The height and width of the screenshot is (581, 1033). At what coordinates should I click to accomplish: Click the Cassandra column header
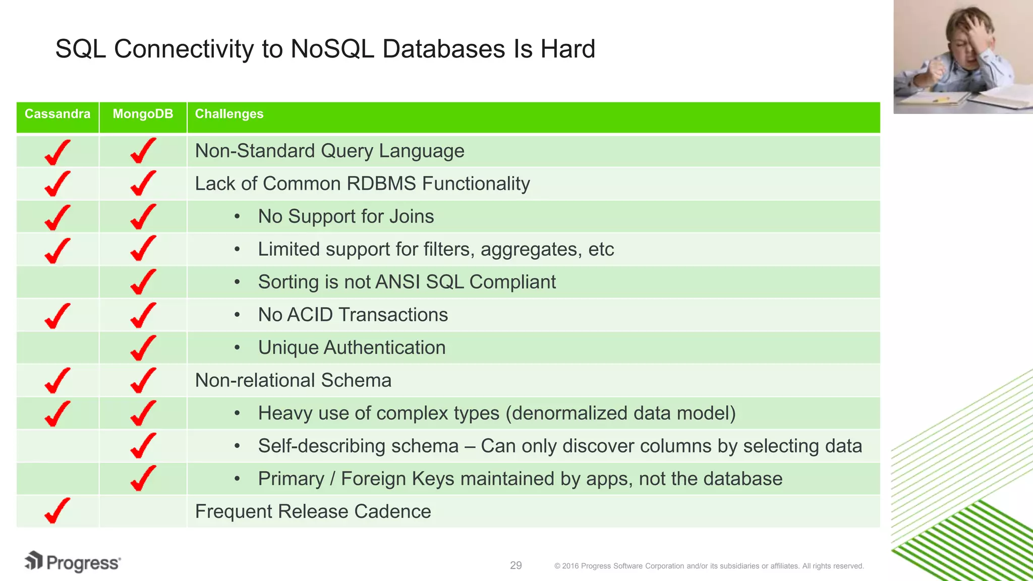coord(58,114)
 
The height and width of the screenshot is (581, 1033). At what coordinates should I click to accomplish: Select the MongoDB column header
coord(143,114)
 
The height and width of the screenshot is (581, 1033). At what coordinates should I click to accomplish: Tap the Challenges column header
coord(229,114)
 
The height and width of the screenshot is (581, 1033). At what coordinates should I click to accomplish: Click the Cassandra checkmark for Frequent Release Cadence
coord(57,511)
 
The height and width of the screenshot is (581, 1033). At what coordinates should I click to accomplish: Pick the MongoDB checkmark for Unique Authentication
coord(143,347)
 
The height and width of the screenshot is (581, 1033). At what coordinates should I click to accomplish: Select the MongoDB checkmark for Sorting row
coord(143,282)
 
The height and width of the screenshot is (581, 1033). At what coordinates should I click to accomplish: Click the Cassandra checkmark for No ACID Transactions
coord(57,315)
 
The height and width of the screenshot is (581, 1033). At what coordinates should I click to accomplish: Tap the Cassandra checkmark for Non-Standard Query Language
coord(57,152)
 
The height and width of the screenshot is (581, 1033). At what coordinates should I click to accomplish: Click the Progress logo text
coord(83,563)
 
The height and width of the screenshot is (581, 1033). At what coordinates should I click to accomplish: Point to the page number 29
coord(515,565)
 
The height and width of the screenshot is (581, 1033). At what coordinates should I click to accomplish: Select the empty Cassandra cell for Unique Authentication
coord(58,347)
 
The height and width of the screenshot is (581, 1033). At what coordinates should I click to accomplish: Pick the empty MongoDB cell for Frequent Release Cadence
coord(143,511)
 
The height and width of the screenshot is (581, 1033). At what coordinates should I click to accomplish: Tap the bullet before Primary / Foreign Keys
coord(237,479)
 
